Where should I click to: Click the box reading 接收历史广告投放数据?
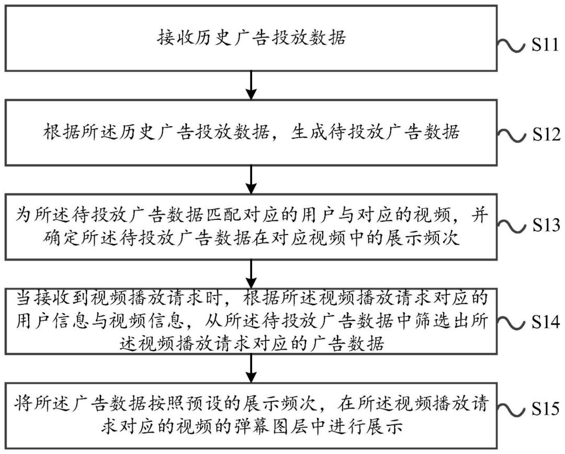252,38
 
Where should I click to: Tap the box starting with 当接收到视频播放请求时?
252,319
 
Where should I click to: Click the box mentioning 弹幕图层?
252,414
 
